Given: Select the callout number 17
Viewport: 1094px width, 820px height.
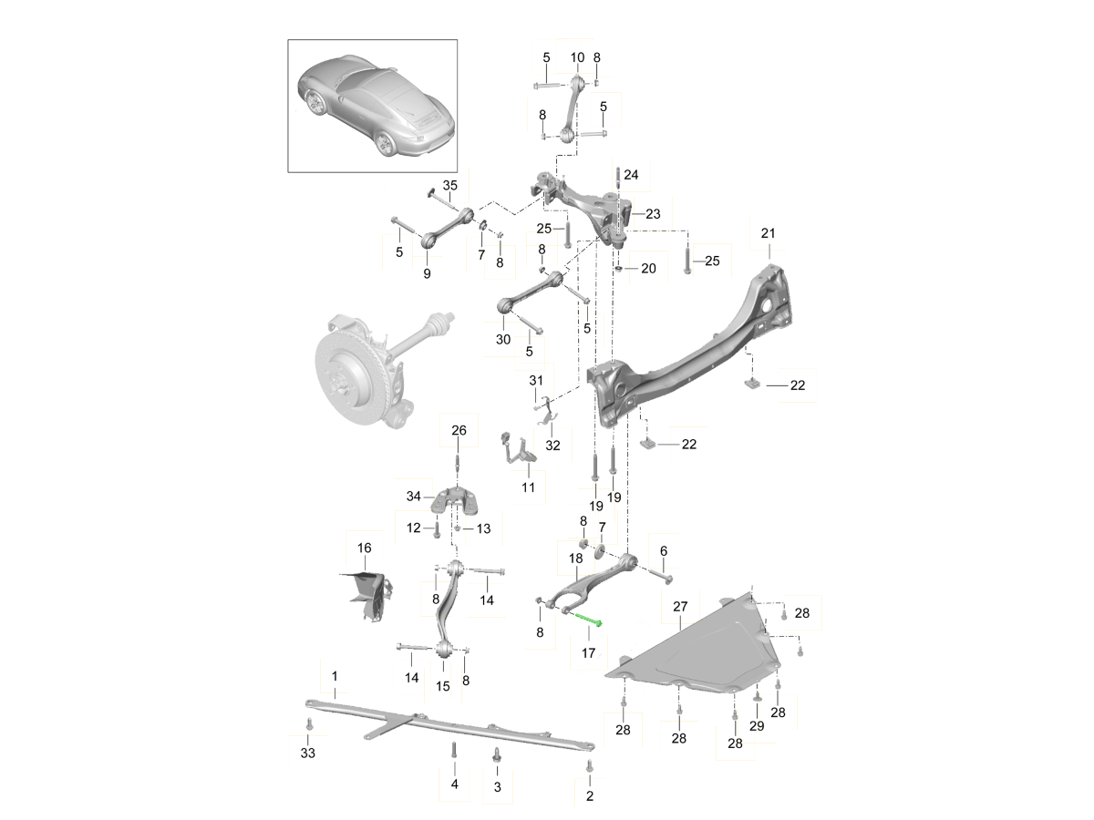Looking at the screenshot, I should click(588, 652).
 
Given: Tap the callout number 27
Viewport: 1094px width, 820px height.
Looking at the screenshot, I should click(680, 605).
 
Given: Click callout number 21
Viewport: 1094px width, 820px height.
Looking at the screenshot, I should click(768, 234).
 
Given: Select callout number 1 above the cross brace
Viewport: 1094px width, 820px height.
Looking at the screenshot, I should click(335, 676).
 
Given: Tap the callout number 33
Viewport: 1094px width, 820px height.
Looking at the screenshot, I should click(307, 753).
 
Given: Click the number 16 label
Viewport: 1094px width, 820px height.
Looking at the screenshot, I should click(365, 548).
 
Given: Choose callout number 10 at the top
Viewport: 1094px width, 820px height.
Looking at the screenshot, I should click(577, 57).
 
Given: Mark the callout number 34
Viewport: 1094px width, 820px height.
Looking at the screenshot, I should click(414, 496).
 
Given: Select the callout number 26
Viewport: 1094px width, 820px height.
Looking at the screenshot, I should click(459, 430).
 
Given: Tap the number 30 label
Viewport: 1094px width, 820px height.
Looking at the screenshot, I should click(503, 339).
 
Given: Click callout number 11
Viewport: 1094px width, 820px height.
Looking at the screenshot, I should click(528, 488).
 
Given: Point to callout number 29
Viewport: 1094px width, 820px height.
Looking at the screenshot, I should click(756, 725).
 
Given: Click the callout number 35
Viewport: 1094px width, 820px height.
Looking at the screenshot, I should click(449, 186).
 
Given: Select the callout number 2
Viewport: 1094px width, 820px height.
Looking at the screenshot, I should click(589, 796).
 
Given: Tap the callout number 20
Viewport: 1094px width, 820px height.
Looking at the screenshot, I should click(648, 268).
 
